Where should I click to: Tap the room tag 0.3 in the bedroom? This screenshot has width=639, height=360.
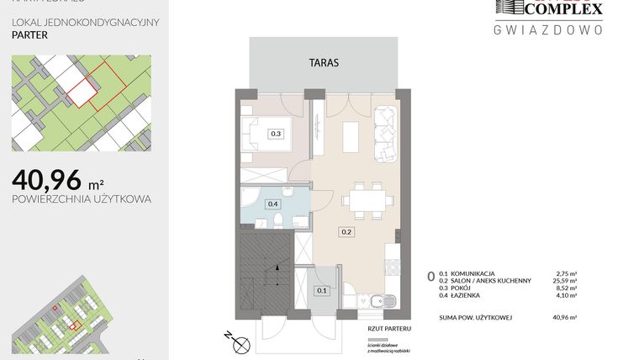(276, 133)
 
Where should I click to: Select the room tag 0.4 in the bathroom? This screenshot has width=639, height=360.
(272, 204)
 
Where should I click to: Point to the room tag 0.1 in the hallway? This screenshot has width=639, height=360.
(321, 291)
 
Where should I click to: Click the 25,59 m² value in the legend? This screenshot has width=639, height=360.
(568, 280)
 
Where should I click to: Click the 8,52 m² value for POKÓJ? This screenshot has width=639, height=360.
(569, 288)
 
